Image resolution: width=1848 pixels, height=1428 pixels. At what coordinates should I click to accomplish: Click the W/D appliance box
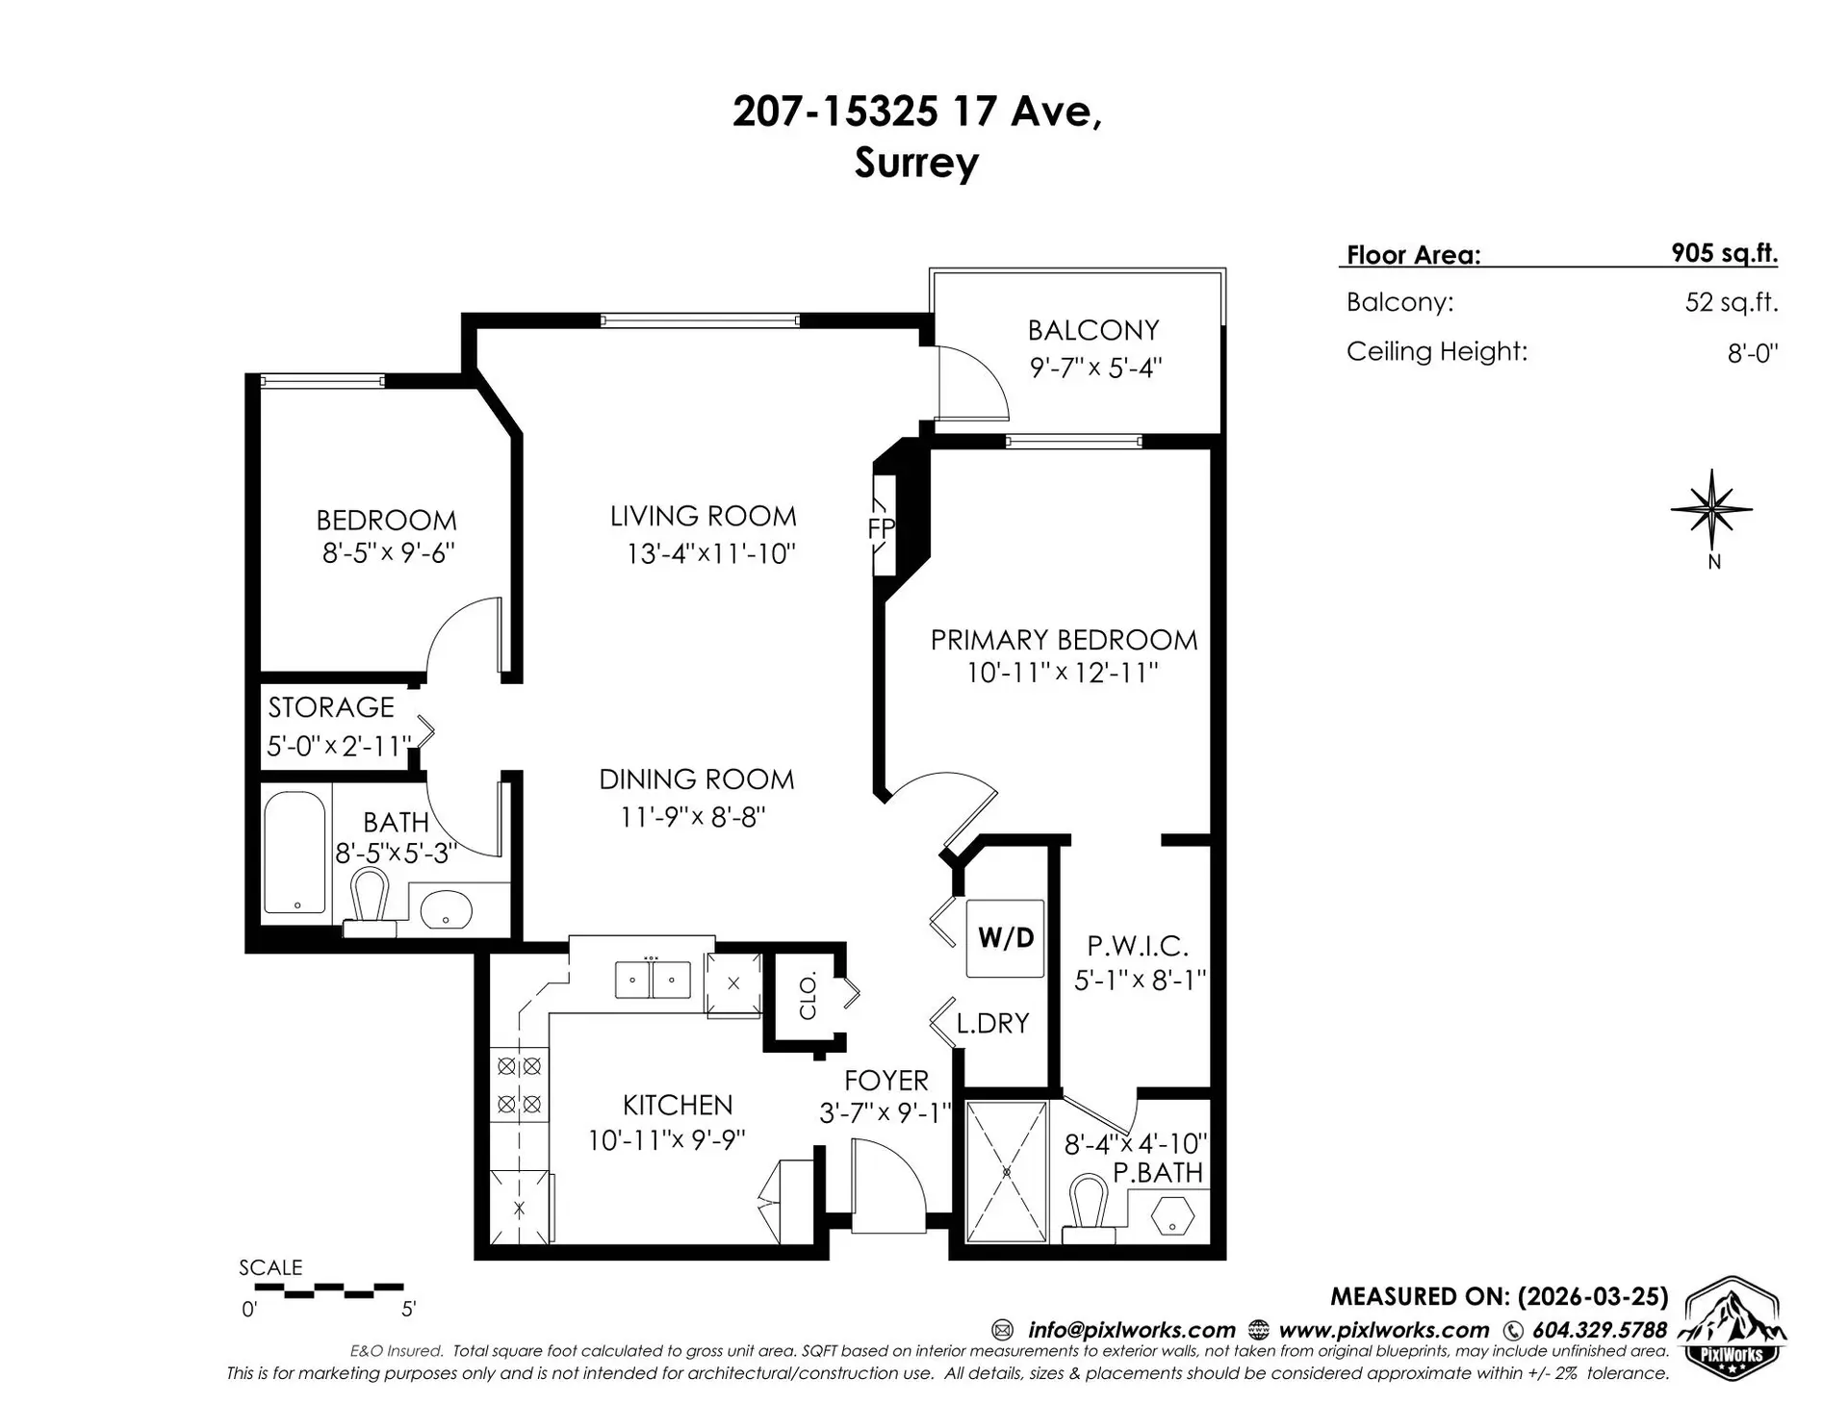(x=1005, y=938)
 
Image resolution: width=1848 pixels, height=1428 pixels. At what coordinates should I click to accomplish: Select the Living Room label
(x=703, y=517)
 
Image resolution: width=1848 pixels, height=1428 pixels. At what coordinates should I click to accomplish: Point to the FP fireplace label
(x=881, y=528)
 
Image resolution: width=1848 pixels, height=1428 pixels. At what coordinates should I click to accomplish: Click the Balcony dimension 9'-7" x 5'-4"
(x=1095, y=369)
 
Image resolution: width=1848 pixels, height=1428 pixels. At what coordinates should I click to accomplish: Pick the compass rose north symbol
(x=1711, y=512)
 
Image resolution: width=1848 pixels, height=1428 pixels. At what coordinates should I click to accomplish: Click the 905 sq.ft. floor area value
(x=1724, y=253)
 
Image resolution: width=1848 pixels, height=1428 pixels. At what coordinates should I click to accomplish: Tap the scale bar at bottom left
(x=321, y=1289)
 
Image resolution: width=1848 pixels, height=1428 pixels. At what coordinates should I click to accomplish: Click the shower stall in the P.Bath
(x=1006, y=1172)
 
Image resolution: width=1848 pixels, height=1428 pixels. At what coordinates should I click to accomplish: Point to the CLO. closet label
(x=808, y=996)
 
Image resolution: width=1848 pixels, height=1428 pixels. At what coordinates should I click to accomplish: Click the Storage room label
(x=331, y=707)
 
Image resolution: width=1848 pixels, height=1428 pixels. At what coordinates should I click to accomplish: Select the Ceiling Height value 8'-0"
(x=1752, y=353)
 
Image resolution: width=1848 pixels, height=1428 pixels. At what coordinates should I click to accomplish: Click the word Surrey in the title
(x=916, y=163)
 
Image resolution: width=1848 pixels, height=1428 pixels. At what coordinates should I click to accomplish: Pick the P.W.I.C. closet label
(x=1137, y=946)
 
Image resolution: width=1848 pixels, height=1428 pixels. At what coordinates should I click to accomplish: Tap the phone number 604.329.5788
(x=1598, y=1330)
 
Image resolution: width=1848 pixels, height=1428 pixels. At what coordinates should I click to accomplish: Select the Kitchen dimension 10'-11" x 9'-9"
(x=667, y=1141)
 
